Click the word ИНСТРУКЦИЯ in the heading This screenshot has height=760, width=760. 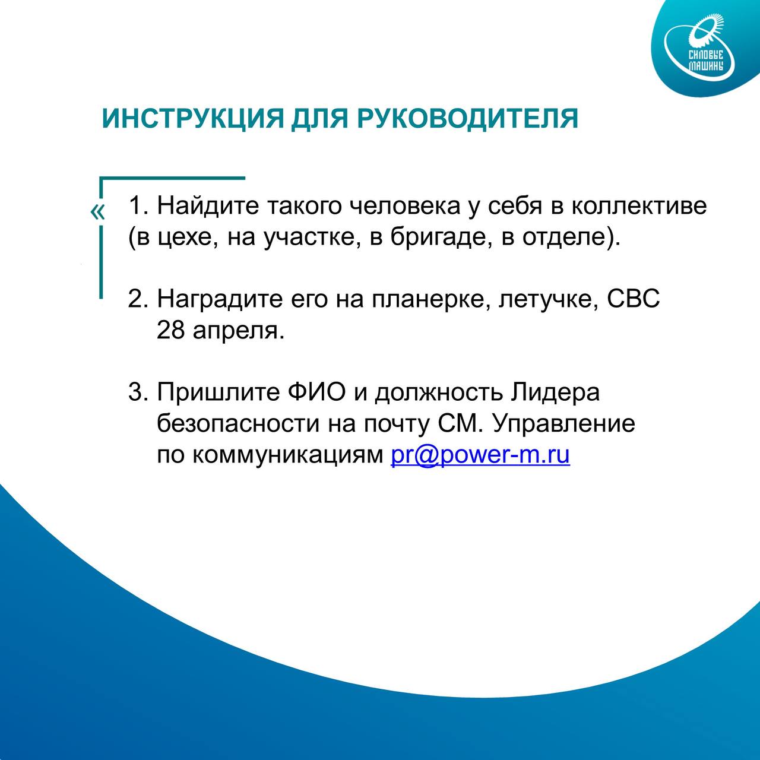(x=193, y=118)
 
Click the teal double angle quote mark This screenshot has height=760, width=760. (x=97, y=212)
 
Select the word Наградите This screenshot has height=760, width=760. (x=220, y=299)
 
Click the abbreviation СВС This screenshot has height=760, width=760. (x=634, y=299)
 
